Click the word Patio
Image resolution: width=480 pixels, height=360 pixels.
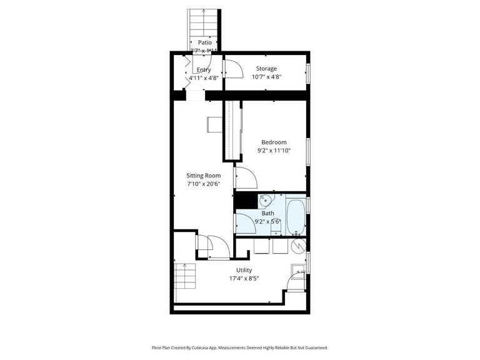[204, 42]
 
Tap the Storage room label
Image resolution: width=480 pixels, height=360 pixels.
[266, 69]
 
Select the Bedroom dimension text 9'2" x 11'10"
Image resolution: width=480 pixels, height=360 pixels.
[274, 151]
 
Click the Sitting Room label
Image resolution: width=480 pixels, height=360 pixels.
[204, 176]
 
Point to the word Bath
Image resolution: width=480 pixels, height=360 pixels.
[267, 213]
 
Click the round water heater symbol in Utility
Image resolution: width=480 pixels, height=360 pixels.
[298, 246]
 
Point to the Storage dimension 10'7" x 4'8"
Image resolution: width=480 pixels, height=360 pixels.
[266, 77]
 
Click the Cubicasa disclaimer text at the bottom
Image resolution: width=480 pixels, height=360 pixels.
[239, 347]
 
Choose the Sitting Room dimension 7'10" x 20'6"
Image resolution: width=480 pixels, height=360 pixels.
[204, 184]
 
